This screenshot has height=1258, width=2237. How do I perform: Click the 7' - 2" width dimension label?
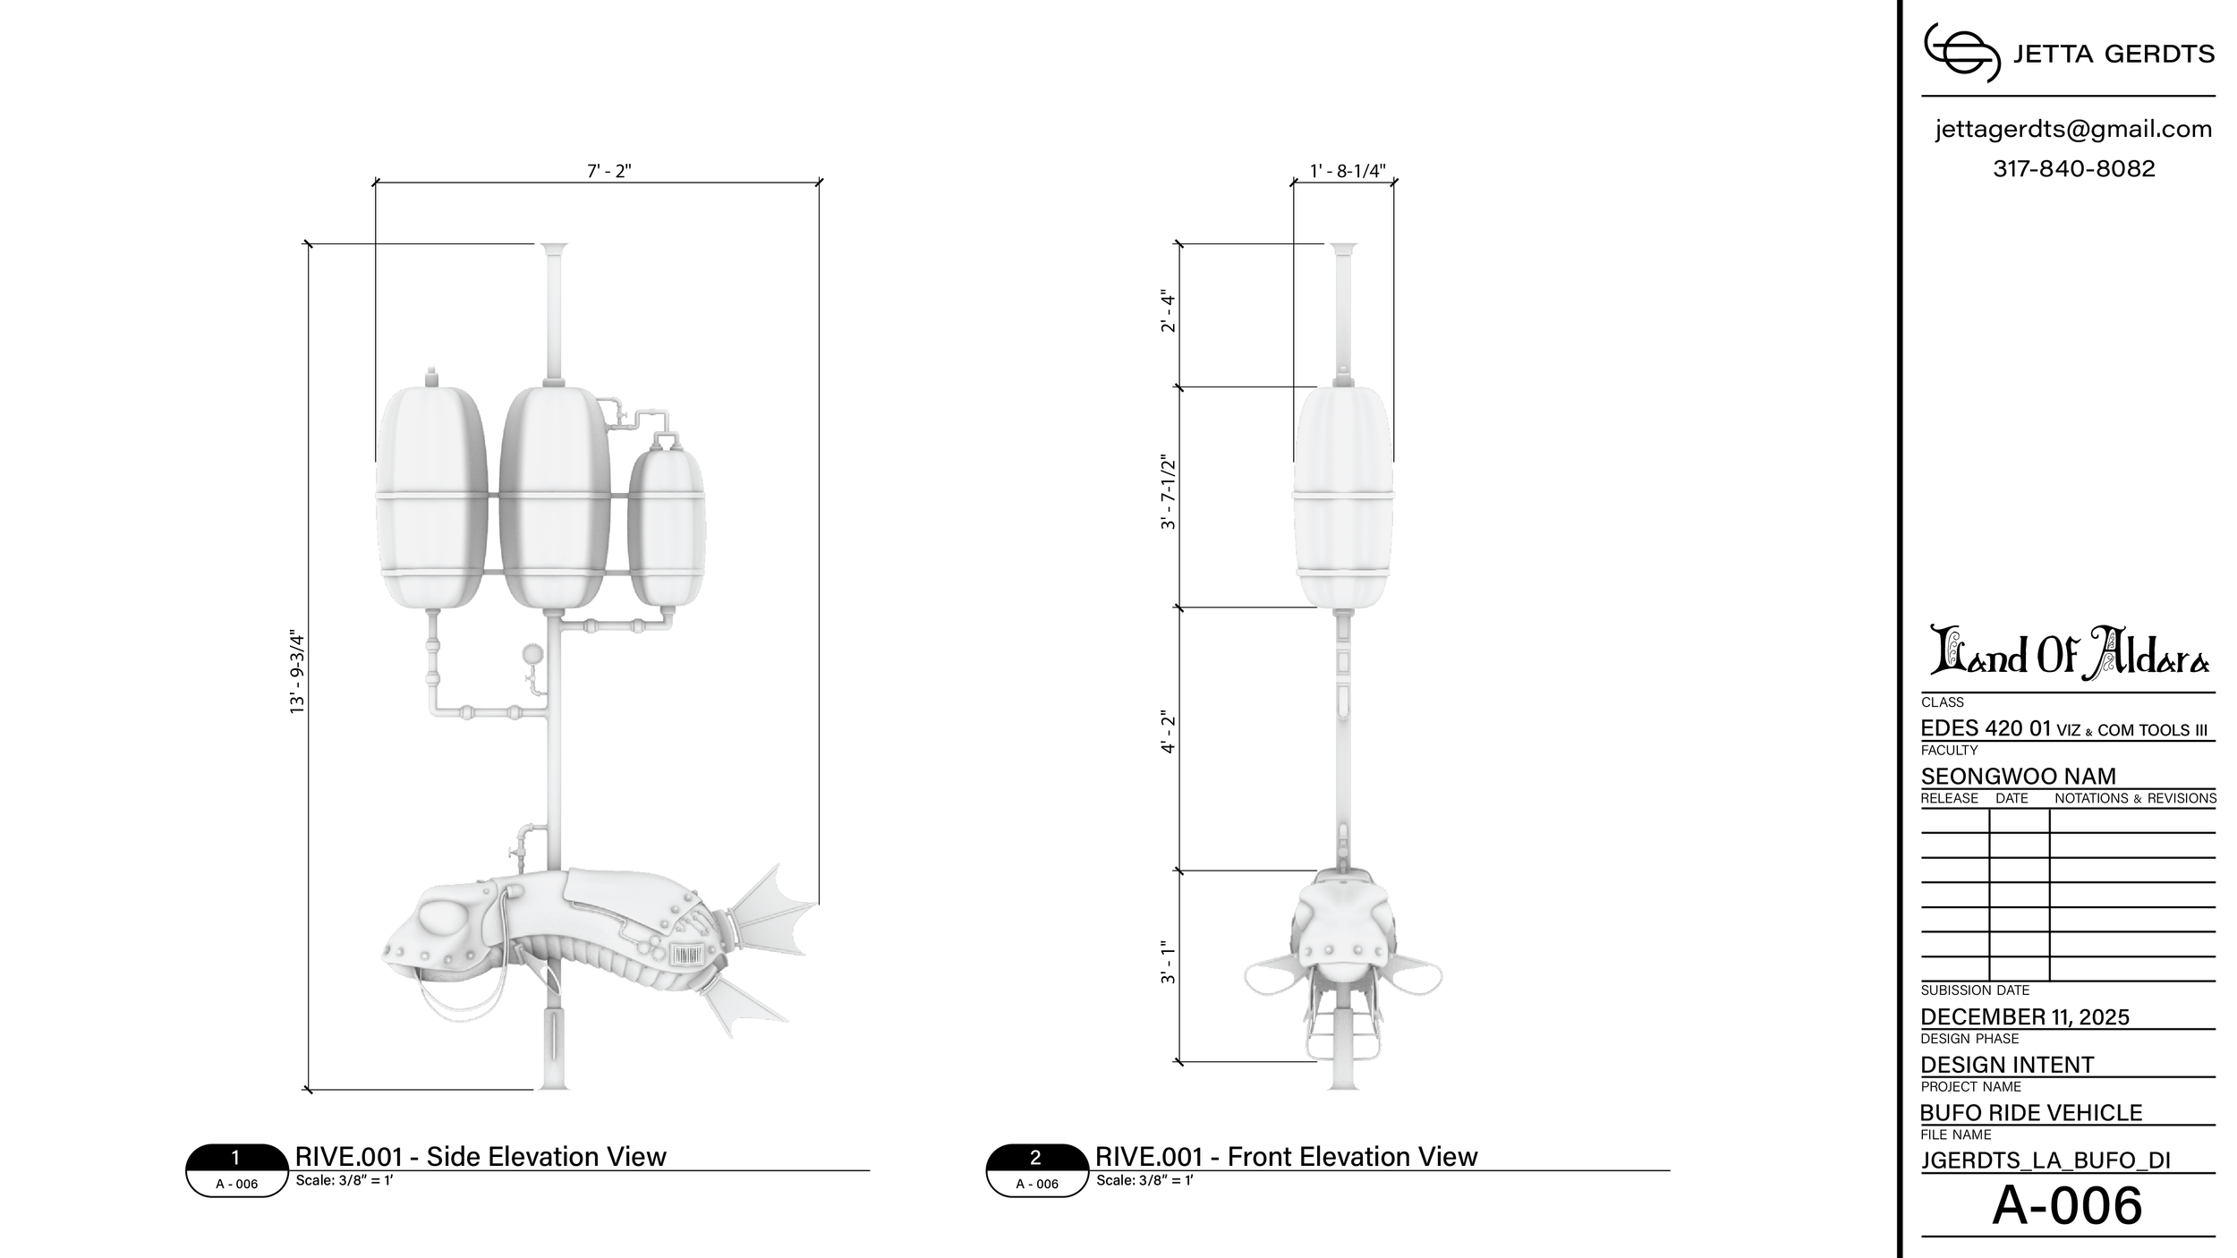tap(609, 171)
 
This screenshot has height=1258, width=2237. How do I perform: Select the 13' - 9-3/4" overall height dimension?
tap(297, 673)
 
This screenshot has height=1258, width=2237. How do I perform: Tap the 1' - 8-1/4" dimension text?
tap(1348, 171)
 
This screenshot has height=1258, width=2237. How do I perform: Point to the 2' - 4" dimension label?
tap(1168, 310)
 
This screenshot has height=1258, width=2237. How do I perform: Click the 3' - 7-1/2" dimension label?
tap(1168, 492)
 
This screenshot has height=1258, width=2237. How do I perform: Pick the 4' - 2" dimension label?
tap(1168, 733)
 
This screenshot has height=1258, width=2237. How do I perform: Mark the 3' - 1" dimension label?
tap(1168, 962)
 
